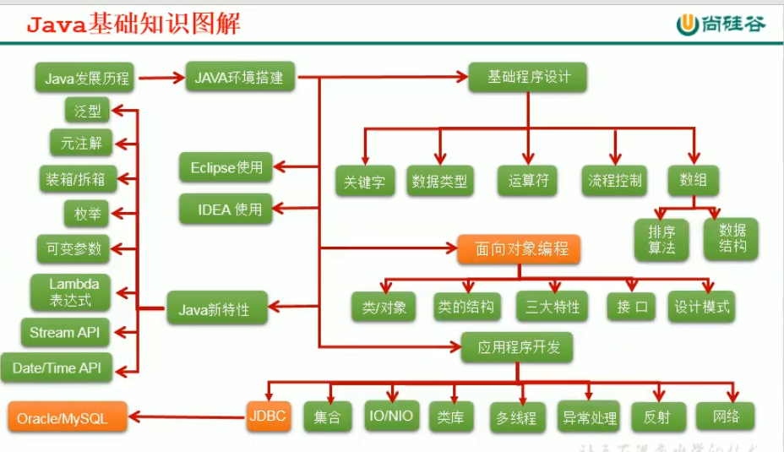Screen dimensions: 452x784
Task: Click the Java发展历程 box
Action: click(87, 79)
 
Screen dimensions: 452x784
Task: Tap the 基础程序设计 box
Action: click(529, 77)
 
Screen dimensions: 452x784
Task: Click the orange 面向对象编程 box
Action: click(520, 249)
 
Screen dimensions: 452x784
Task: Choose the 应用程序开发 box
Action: click(517, 347)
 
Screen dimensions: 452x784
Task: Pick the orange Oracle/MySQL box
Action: click(68, 418)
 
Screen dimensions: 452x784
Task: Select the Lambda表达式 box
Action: click(74, 292)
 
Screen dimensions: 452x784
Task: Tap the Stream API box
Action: click(64, 332)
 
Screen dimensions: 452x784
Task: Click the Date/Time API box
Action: click(57, 368)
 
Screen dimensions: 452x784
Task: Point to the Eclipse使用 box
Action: click(226, 167)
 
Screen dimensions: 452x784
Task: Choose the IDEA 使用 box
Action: click(226, 209)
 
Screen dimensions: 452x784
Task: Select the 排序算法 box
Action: click(662, 239)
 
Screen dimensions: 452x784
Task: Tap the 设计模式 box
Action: click(701, 307)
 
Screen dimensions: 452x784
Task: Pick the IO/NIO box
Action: click(391, 415)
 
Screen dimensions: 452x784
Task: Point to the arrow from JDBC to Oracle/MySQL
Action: click(186, 416)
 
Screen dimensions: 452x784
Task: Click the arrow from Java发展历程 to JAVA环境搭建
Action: click(162, 79)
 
